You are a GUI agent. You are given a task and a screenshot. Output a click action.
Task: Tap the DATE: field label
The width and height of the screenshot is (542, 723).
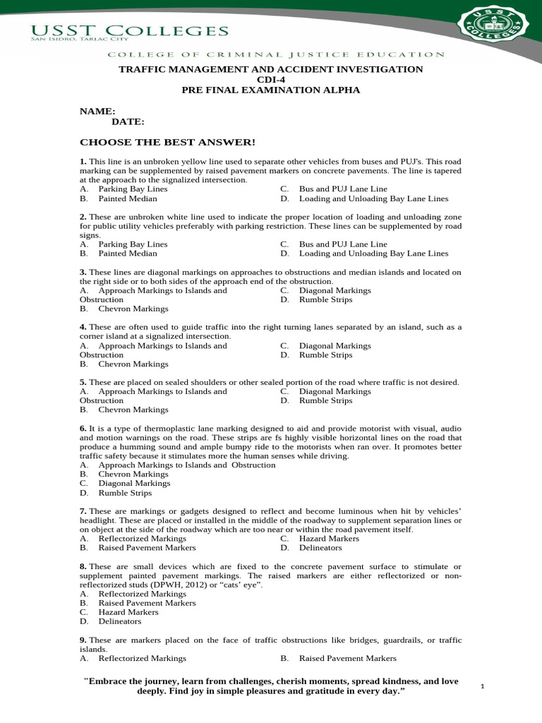click(127, 122)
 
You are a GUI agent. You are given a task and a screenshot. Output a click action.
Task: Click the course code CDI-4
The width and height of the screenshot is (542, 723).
click(271, 80)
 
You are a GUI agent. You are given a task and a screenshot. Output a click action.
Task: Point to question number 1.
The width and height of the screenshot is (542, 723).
click(83, 162)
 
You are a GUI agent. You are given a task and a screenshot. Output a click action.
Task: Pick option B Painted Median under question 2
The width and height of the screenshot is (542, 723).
click(128, 253)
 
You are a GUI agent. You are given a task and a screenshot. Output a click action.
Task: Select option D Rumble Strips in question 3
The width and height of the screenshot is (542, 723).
click(325, 299)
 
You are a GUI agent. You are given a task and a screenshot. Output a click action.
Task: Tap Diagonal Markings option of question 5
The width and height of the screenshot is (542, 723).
click(335, 391)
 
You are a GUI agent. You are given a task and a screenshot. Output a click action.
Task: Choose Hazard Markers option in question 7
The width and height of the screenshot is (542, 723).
click(329, 538)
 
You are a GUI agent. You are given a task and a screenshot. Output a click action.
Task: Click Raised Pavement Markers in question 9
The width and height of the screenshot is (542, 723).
click(347, 658)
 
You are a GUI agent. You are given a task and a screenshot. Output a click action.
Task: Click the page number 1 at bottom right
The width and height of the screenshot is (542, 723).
click(482, 686)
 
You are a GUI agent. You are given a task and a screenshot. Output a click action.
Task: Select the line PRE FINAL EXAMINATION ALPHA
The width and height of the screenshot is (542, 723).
click(271, 90)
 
